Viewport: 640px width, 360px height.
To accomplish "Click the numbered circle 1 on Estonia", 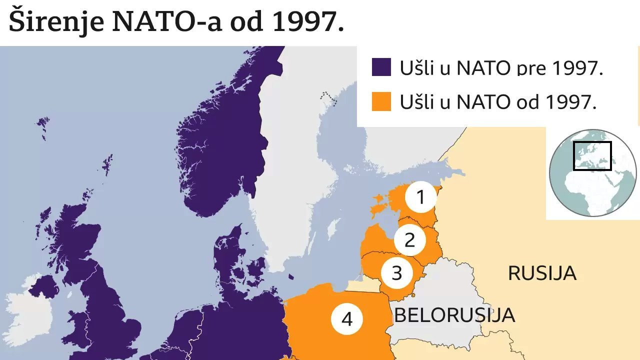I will (x=420, y=198).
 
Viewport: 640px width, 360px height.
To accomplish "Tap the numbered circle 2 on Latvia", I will (x=409, y=240).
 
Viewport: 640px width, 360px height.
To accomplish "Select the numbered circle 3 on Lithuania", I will (x=396, y=273).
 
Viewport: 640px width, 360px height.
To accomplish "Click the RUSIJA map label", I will (x=542, y=273).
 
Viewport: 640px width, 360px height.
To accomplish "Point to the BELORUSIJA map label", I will (x=454, y=315).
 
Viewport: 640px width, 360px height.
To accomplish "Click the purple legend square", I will (x=381, y=67).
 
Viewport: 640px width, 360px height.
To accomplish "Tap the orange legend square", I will (x=381, y=101).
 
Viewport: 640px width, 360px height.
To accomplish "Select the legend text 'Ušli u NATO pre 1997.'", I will (x=501, y=68).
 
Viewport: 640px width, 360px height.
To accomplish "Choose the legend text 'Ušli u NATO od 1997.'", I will (x=498, y=102).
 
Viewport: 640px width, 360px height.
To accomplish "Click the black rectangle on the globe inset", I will (x=592, y=156).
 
